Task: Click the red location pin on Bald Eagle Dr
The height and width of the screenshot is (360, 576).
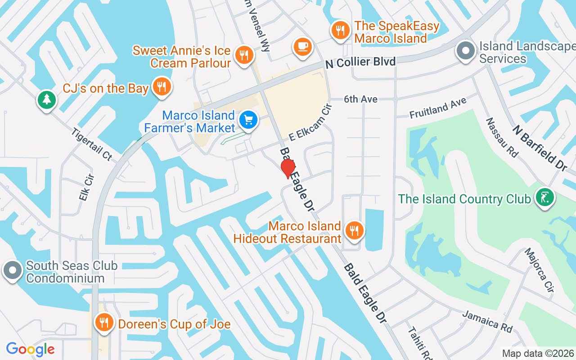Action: tap(288, 168)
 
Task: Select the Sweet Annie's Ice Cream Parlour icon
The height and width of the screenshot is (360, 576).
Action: tap(244, 55)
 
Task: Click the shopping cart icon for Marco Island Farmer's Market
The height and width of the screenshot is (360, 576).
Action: tap(248, 120)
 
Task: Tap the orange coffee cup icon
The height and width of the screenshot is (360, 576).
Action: tap(303, 46)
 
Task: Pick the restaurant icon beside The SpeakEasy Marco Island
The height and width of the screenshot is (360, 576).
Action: tap(341, 31)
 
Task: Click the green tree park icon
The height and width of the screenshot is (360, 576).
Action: tap(47, 99)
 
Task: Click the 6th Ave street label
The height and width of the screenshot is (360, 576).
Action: tap(360, 99)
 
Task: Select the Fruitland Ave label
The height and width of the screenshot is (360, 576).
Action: tap(438, 109)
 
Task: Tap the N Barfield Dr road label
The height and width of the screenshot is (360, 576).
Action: tap(540, 147)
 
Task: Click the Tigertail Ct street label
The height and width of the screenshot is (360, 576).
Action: tap(91, 144)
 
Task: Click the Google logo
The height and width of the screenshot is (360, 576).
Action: tap(30, 349)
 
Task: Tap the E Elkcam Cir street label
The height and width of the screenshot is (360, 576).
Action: tap(310, 122)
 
